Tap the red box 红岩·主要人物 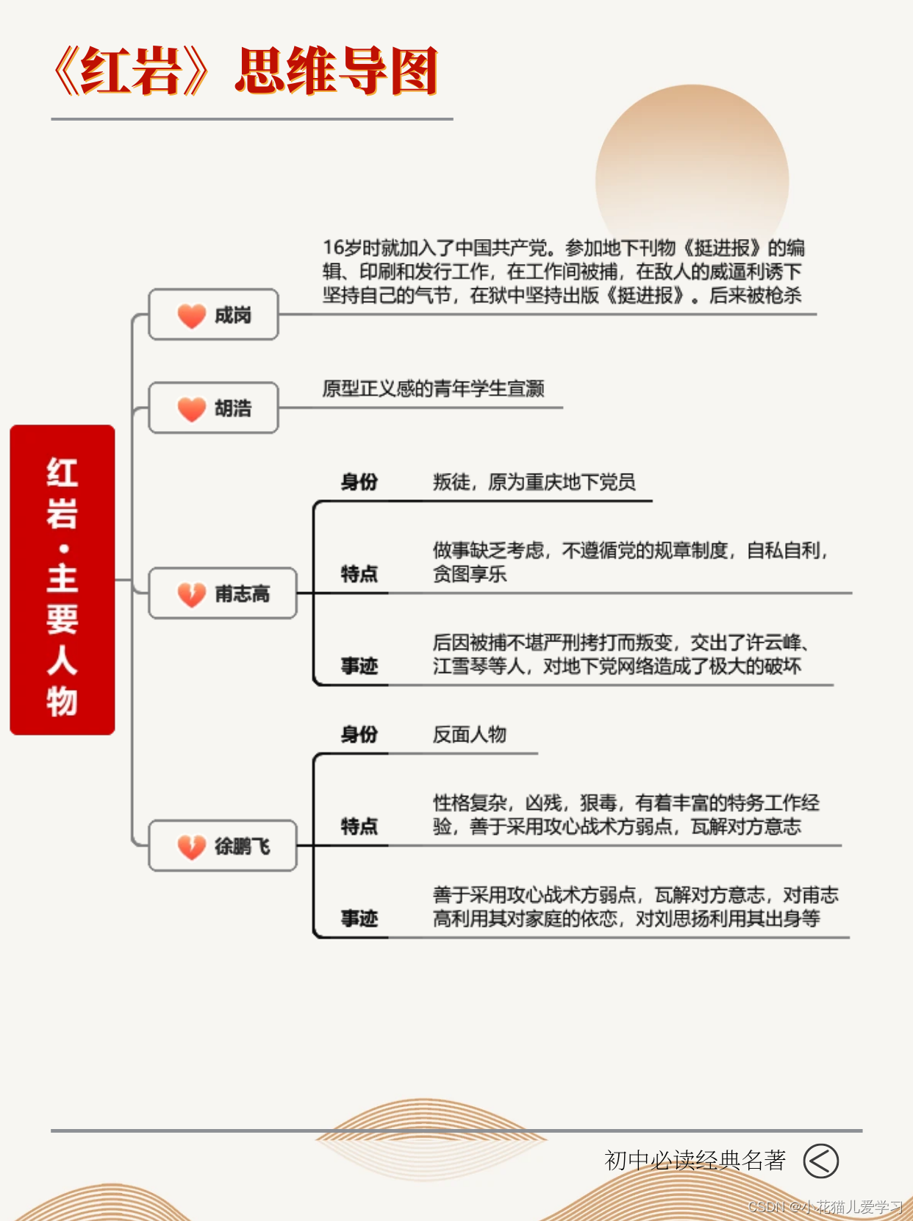(x=62, y=580)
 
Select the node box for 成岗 (x=213, y=315)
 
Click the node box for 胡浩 (x=213, y=407)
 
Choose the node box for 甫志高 (x=223, y=593)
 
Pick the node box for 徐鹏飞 (x=223, y=846)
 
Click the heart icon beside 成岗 (x=191, y=316)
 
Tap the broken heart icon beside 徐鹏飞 (x=191, y=847)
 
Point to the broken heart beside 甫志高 (x=191, y=594)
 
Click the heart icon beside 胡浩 (x=191, y=408)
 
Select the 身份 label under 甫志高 (x=359, y=483)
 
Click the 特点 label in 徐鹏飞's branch (x=359, y=827)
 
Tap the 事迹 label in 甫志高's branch (x=359, y=666)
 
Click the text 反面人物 (x=469, y=735)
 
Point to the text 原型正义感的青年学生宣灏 (x=433, y=388)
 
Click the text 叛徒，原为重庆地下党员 (x=534, y=483)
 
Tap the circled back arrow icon (x=820, y=1161)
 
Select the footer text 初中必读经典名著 (x=695, y=1161)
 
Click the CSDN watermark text (x=826, y=1207)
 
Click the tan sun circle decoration (x=692, y=169)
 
